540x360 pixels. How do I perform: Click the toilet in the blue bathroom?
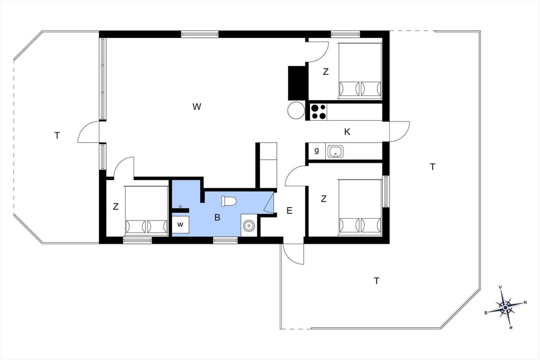click(x=229, y=201)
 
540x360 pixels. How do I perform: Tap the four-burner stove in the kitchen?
click(x=319, y=112)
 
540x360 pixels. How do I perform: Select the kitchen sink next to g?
click(x=335, y=151)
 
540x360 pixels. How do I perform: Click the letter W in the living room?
click(x=197, y=107)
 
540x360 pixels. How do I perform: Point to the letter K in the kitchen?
click(x=347, y=132)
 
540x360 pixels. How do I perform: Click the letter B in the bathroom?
click(x=217, y=217)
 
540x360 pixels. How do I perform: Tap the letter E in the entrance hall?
click(x=290, y=211)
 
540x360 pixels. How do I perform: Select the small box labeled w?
click(x=180, y=225)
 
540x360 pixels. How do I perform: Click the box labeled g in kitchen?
click(x=317, y=151)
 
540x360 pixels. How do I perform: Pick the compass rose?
click(x=506, y=307)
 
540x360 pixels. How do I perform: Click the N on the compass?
click(x=525, y=302)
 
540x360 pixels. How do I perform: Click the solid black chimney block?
click(x=298, y=83)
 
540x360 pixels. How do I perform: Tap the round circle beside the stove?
click(x=296, y=110)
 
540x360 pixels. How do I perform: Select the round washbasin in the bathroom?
click(x=249, y=226)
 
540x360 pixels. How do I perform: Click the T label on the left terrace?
click(x=57, y=135)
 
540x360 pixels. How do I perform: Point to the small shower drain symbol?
click(x=180, y=206)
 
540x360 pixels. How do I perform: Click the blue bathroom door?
click(x=269, y=202)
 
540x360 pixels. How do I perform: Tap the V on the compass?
click(x=500, y=287)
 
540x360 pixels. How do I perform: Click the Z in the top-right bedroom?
click(x=325, y=72)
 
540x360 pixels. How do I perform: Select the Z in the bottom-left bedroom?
click(x=116, y=206)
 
